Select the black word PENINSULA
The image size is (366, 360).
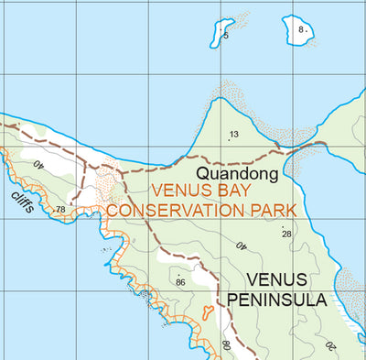tap(277, 300)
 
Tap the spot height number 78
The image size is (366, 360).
tap(60, 210)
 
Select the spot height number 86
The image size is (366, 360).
tap(180, 282)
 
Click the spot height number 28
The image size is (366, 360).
tap(286, 235)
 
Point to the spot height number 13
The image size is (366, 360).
tap(234, 135)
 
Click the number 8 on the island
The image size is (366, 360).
tap(301, 29)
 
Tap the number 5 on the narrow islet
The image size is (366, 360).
tap(226, 35)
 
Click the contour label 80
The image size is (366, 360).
tap(225, 346)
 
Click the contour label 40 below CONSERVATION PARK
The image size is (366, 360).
tap(242, 245)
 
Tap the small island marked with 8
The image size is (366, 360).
tap(298, 29)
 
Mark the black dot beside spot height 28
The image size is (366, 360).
tap(283, 226)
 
